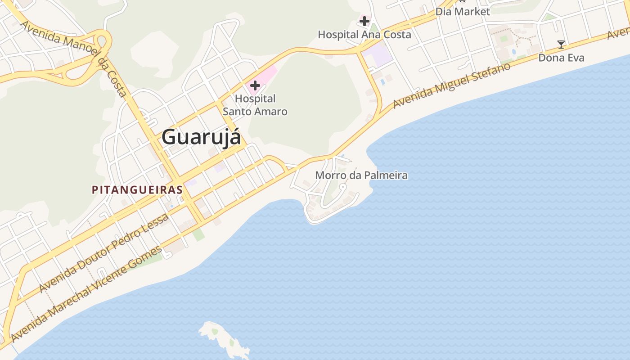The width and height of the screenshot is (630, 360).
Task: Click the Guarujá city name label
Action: [x=201, y=137]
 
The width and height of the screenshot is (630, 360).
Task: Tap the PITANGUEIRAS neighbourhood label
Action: [x=137, y=190]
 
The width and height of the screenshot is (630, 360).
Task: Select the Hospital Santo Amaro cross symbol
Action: [x=255, y=85]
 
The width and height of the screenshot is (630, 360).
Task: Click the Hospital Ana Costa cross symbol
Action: [x=364, y=21]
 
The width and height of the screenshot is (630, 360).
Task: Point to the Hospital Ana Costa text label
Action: [x=364, y=35]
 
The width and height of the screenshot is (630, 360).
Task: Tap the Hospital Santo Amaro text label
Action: [x=255, y=105]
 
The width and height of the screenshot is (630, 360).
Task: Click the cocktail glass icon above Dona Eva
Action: [x=561, y=44]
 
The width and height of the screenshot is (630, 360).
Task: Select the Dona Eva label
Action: [x=561, y=58]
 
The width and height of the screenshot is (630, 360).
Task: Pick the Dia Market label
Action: [x=463, y=12]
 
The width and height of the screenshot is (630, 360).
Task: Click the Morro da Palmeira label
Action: [x=361, y=175]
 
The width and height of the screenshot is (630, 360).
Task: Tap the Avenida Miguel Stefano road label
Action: [x=452, y=85]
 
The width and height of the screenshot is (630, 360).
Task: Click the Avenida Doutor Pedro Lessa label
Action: [x=104, y=253]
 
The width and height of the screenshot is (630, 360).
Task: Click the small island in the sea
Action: [x=224, y=338]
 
